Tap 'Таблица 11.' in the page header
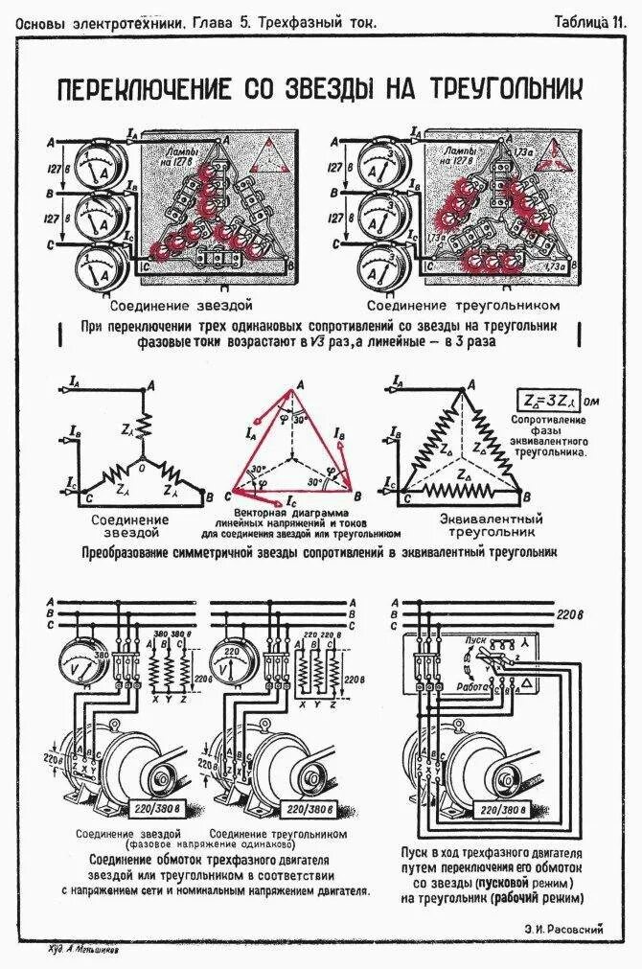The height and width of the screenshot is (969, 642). click(596, 20)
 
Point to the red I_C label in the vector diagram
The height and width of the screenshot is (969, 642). click(290, 501)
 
